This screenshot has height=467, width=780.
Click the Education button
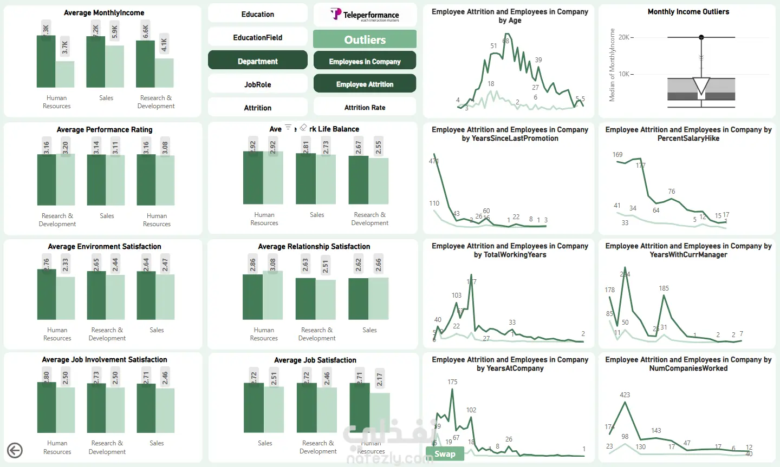click(x=258, y=15)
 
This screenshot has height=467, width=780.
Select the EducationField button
click(x=258, y=38)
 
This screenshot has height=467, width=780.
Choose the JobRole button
click(x=258, y=84)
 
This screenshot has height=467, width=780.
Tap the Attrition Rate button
click(x=365, y=108)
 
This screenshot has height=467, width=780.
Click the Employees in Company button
click(x=365, y=62)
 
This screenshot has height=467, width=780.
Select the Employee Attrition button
click(x=365, y=84)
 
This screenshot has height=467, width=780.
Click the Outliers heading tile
click(x=365, y=40)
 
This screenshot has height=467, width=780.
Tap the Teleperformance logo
click(x=365, y=15)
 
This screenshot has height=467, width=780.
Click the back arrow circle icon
click(x=15, y=450)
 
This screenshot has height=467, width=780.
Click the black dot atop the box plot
click(x=701, y=37)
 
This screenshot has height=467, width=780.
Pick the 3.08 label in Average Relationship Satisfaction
click(x=273, y=265)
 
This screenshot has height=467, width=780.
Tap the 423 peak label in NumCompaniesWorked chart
click(x=625, y=395)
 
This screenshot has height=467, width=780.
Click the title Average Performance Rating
click(x=105, y=130)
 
